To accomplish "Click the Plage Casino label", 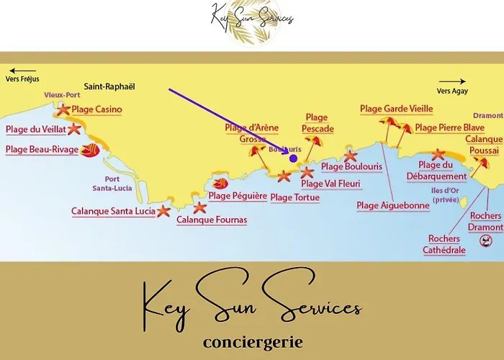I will coord(96,109).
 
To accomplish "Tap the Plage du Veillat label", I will coord(36,130).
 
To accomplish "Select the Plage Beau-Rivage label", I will coord(42,150).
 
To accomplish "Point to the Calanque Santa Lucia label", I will coord(113,212).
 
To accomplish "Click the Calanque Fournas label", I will coord(212,220).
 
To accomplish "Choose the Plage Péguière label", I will coord(238,196).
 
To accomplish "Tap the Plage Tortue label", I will coord(294,197).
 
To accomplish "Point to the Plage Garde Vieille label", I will coord(396,109).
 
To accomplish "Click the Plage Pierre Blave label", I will coord(449,128).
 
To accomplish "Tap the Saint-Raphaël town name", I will coord(109,86).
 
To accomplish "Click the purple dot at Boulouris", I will coord(293,158).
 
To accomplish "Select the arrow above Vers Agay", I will coord(452,81).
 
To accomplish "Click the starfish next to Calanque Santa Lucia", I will coord(164,211).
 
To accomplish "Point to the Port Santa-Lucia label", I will coord(111,184).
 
